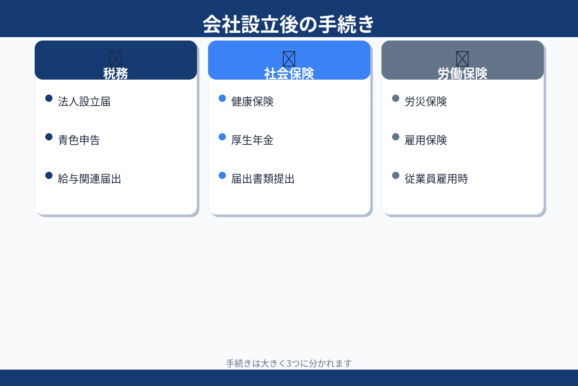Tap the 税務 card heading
116,73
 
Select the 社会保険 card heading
289,73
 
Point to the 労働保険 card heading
462,73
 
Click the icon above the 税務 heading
116,58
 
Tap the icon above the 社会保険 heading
289,58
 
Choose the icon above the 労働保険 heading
462,58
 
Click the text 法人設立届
84,102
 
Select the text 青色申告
79,140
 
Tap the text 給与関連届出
90,179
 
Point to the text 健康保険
252,102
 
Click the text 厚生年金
252,140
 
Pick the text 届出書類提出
263,179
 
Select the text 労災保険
426,102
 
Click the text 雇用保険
426,140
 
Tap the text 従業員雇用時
436,179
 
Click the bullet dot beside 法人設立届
49,98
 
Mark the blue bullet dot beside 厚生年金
222,137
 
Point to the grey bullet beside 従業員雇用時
395,176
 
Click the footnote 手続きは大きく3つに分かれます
289,363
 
